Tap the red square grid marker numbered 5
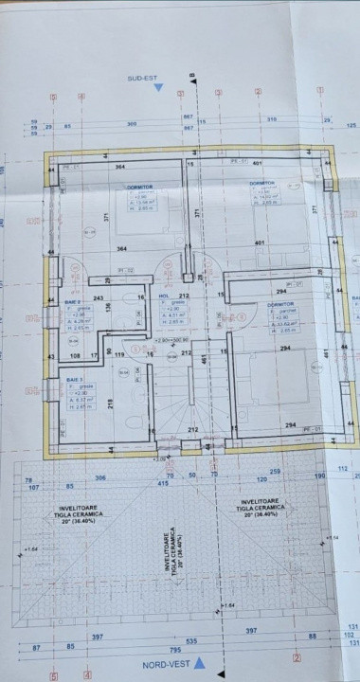coord(54,675)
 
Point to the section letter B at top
coord(191,75)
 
